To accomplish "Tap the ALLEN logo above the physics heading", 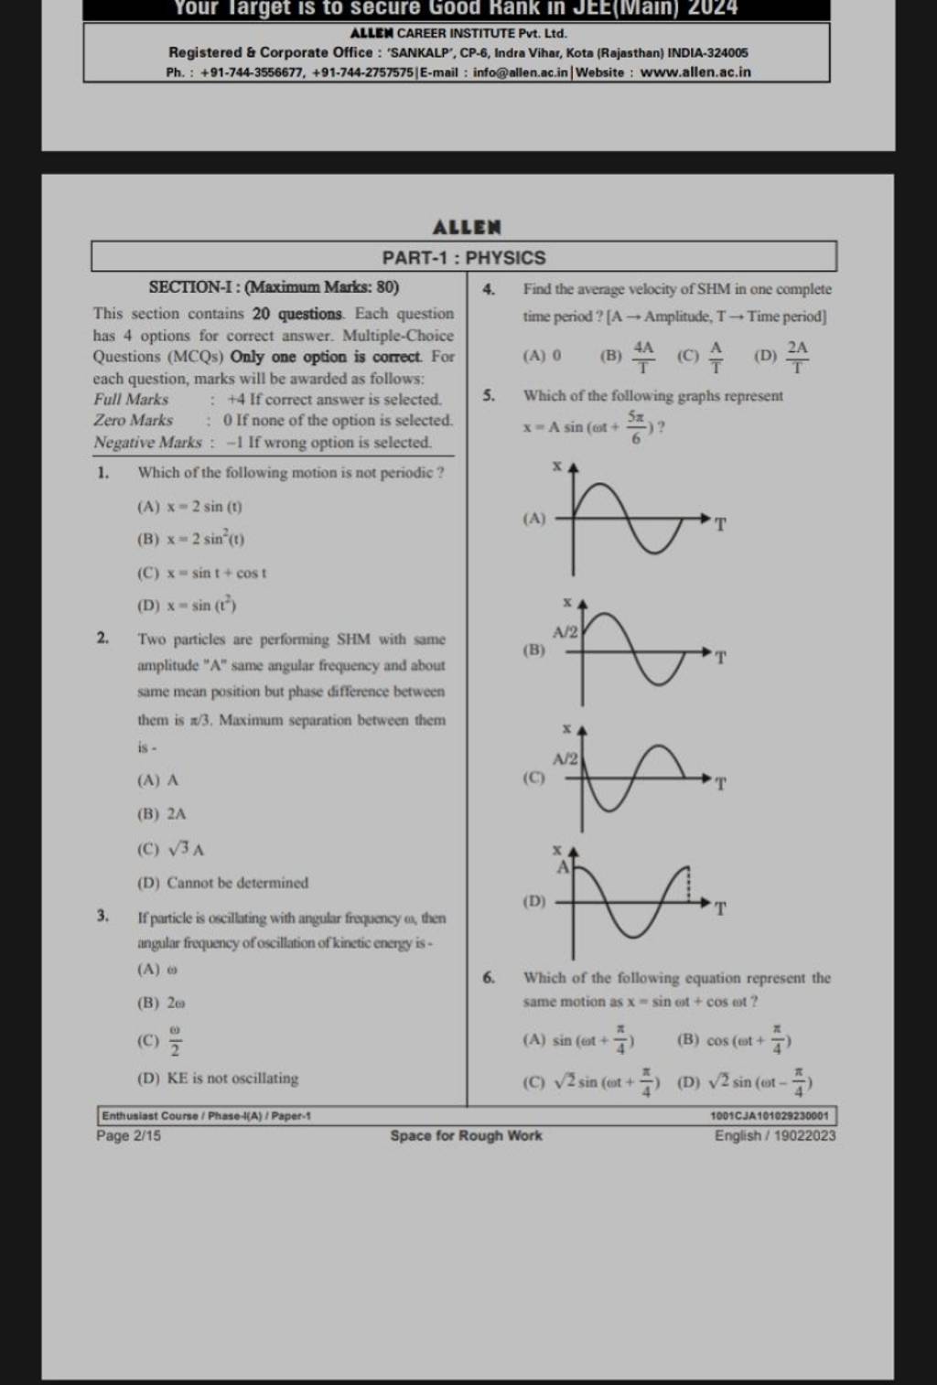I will coord(467,225).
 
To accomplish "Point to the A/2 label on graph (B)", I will coord(564,633).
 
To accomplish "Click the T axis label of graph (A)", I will coord(720,524).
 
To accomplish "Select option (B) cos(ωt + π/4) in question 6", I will coord(735,1040).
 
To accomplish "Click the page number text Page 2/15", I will coord(129,1136).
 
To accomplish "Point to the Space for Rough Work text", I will coord(466,1136).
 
